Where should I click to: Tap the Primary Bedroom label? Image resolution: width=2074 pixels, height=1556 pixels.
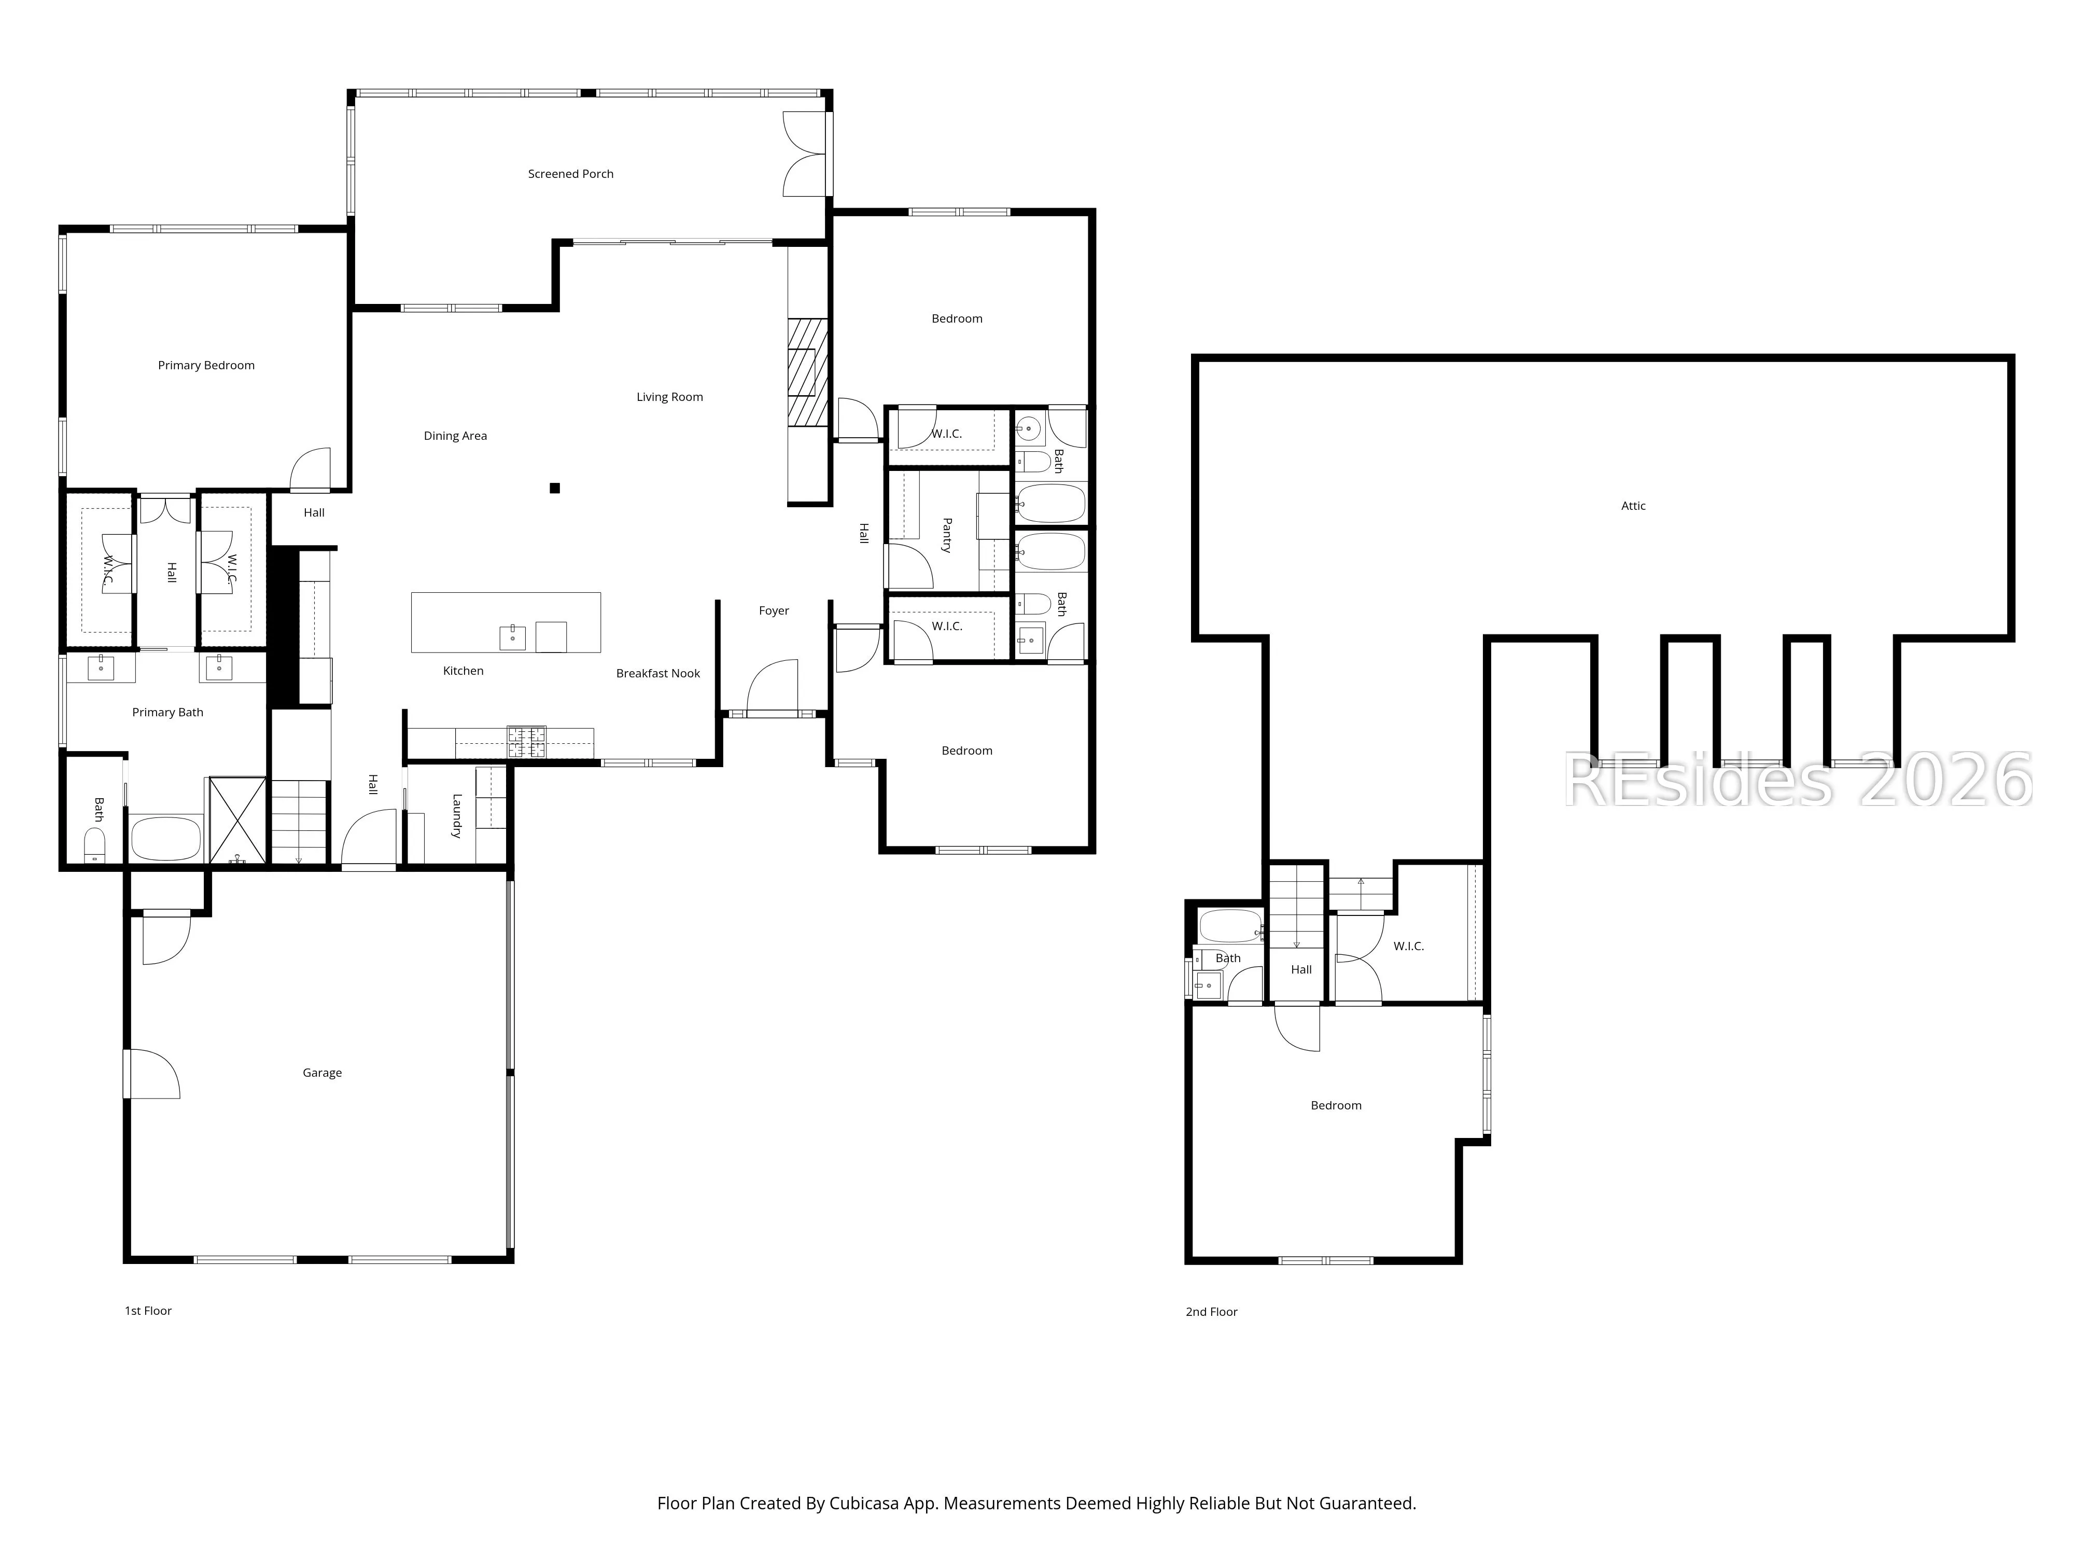tap(206, 365)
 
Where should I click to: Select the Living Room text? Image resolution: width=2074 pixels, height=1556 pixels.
tap(669, 397)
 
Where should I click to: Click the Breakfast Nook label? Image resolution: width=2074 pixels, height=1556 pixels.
tap(657, 673)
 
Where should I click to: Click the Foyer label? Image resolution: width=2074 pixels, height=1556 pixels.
tap(774, 610)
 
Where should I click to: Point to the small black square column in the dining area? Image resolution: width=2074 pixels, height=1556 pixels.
tap(555, 488)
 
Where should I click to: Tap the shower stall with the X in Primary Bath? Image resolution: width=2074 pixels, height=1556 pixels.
tap(237, 819)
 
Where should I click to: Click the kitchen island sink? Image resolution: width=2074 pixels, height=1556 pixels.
tap(512, 638)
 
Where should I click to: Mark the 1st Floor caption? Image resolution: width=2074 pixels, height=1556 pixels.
tap(148, 1310)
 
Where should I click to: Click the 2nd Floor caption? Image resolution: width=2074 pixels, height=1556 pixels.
tap(1211, 1311)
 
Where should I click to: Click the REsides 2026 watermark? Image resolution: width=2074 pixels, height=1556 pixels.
tap(1798, 781)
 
